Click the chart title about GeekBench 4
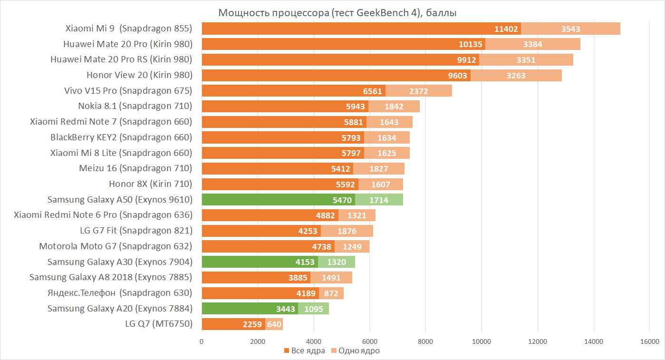click(337, 13)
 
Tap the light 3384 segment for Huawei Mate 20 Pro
click(532, 45)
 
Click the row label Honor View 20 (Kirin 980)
click(139, 75)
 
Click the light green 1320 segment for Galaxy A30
click(337, 262)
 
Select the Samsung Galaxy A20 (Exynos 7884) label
click(120, 308)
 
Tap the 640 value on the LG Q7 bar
click(274, 325)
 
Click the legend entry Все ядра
click(305, 351)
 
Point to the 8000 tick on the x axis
click(425, 341)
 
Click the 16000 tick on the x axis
click(649, 341)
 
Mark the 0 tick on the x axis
click(202, 341)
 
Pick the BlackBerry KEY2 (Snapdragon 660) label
click(121, 137)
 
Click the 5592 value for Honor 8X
click(346, 184)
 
